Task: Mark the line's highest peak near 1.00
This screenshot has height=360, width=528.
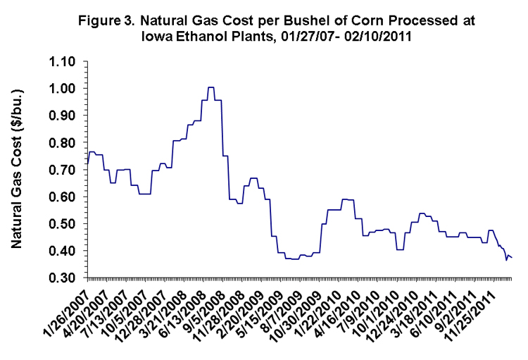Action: pos(210,87)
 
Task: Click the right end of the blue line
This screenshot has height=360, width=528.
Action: pos(512,258)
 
